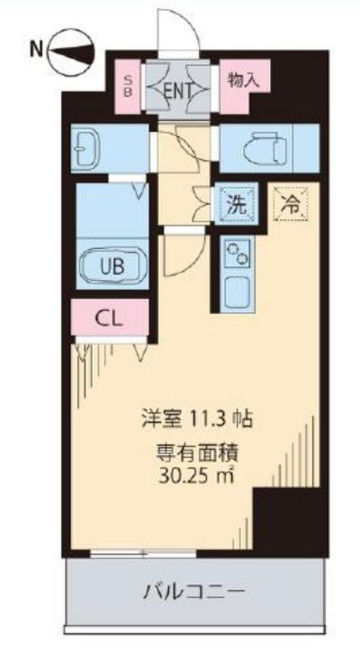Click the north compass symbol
pyautogui.click(x=72, y=51)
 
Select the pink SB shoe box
pyautogui.click(x=128, y=86)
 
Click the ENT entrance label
pyautogui.click(x=177, y=90)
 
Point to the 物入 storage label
pyautogui.click(x=244, y=80)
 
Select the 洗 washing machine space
pyautogui.click(x=236, y=204)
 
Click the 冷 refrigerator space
pyautogui.click(x=291, y=202)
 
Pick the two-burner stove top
pyautogui.click(x=238, y=254)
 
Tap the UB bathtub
pyautogui.click(x=112, y=265)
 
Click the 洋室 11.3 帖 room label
pyautogui.click(x=196, y=419)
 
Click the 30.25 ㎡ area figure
pyautogui.click(x=195, y=476)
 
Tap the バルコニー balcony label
pyautogui.click(x=193, y=591)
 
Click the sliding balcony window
pyautogui.click(x=143, y=553)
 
